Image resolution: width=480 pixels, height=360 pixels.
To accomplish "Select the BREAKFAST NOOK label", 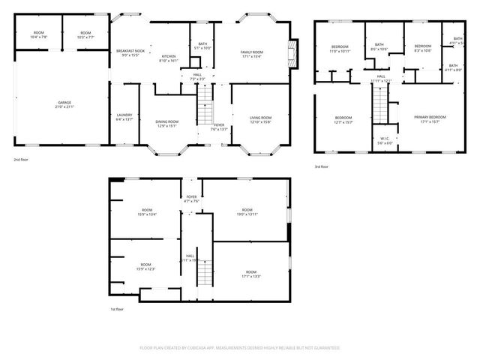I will click(130, 52).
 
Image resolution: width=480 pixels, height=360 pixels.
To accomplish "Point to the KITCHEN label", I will click(169, 58).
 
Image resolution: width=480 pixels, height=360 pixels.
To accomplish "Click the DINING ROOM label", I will click(166, 124).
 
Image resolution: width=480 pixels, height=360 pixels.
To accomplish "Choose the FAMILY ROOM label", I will click(251, 53).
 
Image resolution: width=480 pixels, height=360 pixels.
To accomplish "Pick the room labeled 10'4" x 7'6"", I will click(37, 34).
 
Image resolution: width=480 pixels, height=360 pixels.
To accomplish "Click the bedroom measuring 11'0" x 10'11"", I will click(340, 49).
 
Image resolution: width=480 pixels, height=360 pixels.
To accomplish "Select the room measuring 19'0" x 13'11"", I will click(247, 211).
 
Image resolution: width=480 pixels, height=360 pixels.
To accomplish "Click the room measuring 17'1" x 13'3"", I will click(251, 274).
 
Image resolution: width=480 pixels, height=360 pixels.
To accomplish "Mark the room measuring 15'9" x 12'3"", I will click(145, 267).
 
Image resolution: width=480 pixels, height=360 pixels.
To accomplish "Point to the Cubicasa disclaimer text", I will click(240, 348).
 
